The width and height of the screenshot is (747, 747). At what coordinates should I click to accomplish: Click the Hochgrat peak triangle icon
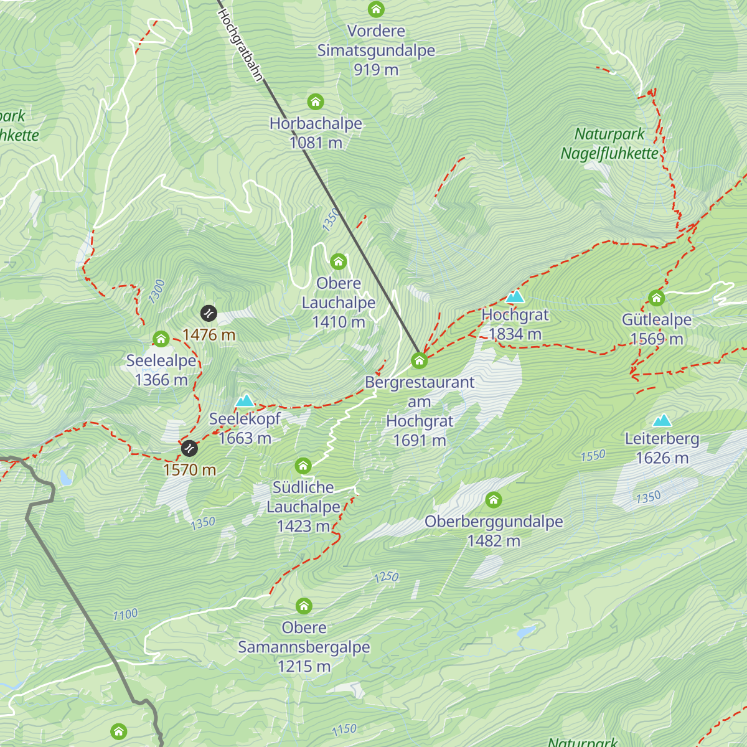[515, 296]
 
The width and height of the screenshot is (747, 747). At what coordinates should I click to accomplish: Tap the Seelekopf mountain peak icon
[245, 400]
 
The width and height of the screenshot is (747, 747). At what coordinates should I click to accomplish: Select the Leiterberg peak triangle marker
[662, 420]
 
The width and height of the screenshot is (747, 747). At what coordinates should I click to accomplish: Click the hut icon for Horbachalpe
[316, 101]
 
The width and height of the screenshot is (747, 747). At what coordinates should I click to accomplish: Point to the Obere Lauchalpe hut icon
[338, 261]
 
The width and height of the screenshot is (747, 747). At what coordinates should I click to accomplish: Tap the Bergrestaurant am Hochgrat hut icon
[419, 360]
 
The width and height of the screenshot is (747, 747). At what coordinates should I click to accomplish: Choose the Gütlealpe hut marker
[656, 298]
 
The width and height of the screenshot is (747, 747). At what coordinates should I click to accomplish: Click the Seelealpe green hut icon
[161, 339]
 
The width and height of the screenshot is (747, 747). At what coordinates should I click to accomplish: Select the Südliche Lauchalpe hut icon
[303, 466]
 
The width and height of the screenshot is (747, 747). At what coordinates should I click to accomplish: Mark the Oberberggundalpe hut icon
[494, 500]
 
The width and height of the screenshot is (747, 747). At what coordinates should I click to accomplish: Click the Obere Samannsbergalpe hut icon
[304, 606]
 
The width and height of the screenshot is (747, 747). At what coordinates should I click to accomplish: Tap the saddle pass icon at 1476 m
[208, 312]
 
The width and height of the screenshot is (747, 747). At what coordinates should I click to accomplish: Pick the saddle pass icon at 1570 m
[189, 448]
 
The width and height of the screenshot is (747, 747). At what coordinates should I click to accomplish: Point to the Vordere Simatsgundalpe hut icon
[376, 9]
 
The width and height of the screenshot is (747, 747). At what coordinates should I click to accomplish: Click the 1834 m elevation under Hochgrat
[515, 334]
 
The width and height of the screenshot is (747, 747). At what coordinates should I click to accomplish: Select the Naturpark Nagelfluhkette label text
[609, 143]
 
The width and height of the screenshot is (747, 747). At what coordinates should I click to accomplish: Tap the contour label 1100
[125, 615]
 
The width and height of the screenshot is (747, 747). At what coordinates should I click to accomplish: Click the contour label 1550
[593, 456]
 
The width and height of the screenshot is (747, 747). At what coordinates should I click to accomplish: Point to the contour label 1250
[386, 577]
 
